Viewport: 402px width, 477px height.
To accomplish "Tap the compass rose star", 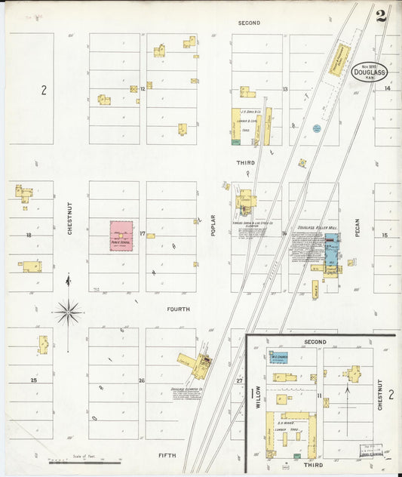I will pyautogui.click(x=68, y=310).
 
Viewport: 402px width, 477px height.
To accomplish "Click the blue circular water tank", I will pyautogui.click(x=316, y=128).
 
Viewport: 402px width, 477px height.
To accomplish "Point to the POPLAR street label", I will pyautogui.click(x=214, y=226).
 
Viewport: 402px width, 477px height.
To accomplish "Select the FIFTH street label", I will pyautogui.click(x=167, y=456).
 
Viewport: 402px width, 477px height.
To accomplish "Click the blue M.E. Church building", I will pyautogui.click(x=279, y=357).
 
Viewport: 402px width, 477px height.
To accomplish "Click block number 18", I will pyautogui.click(x=29, y=235).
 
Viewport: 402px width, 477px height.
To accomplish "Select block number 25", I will pyautogui.click(x=33, y=380).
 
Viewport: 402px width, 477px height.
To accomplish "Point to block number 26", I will pyautogui.click(x=141, y=380).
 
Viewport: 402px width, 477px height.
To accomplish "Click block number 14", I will pyautogui.click(x=387, y=89).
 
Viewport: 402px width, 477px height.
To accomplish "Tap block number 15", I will pyautogui.click(x=384, y=235).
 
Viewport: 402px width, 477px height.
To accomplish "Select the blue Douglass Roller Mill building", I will pyautogui.click(x=331, y=248).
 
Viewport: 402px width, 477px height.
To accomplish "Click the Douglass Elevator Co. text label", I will pyautogui.click(x=187, y=391).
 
